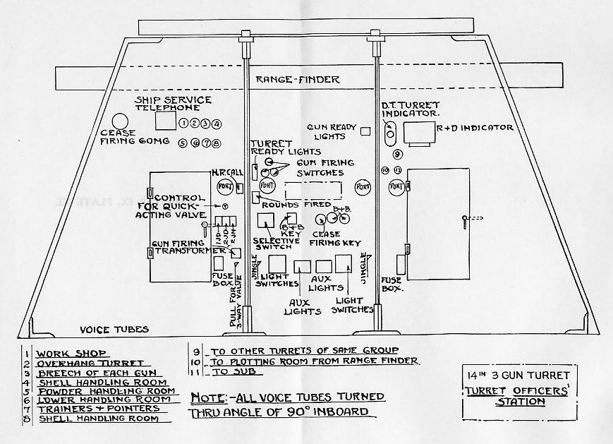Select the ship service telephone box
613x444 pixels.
click(x=165, y=121)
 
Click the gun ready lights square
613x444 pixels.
click(x=365, y=131)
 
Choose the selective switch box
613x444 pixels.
click(x=267, y=222)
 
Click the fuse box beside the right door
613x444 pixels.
click(x=400, y=264)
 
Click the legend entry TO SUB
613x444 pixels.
click(x=226, y=371)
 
